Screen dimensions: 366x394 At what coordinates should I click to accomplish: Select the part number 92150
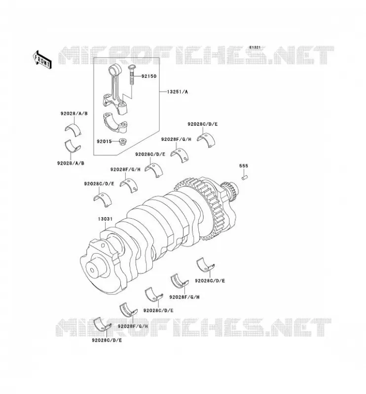149,76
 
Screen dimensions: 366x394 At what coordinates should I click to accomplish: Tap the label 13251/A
178,92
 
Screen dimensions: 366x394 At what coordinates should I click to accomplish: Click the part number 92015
104,141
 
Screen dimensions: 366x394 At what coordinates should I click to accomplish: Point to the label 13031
105,219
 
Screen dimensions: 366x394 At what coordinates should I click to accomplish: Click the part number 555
244,166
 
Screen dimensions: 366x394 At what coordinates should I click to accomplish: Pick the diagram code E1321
255,47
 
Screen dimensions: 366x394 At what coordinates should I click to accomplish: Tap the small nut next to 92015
123,142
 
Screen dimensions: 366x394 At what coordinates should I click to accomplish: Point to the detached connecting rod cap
115,122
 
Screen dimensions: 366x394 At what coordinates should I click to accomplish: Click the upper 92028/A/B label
74,114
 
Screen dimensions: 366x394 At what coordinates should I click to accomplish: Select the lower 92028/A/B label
71,163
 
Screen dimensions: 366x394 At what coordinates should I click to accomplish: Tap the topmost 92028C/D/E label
203,124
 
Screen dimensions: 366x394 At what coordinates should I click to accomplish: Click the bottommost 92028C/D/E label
107,340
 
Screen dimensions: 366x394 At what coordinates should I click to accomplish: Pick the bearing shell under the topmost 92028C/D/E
206,140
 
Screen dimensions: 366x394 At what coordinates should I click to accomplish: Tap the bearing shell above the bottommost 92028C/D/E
102,325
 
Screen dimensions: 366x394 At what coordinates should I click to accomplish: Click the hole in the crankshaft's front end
92,270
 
